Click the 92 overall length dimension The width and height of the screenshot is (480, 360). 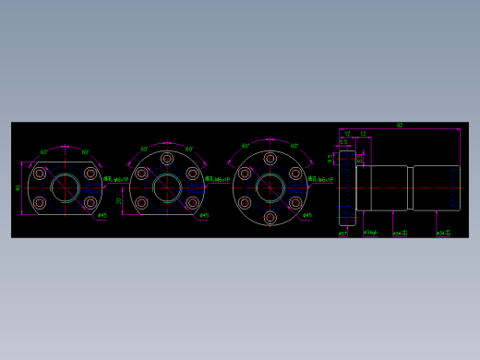[400, 126]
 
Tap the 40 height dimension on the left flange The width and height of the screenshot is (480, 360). [18, 187]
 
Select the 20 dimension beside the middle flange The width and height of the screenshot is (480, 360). [119, 200]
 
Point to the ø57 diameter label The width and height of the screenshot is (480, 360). [342, 234]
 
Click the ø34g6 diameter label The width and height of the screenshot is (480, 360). [370, 233]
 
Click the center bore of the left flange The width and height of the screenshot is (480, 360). [66, 187]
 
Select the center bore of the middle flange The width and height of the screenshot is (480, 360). [167, 187]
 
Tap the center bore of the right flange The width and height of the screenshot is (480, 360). [270, 187]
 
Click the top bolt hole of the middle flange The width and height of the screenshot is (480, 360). [167, 159]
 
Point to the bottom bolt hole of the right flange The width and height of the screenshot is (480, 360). [270, 217]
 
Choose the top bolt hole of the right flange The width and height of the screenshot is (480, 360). [270, 159]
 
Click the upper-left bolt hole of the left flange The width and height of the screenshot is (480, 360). [40, 173]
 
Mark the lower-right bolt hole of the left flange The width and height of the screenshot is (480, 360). [90, 202]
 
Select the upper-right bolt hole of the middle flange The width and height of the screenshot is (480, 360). [192, 173]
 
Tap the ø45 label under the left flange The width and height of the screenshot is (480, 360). [102, 216]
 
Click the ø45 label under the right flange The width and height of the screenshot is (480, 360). [307, 216]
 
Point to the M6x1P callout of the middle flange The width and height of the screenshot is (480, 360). [222, 180]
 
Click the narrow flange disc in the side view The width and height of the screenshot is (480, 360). [347, 187]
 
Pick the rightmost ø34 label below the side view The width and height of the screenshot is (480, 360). [443, 234]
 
